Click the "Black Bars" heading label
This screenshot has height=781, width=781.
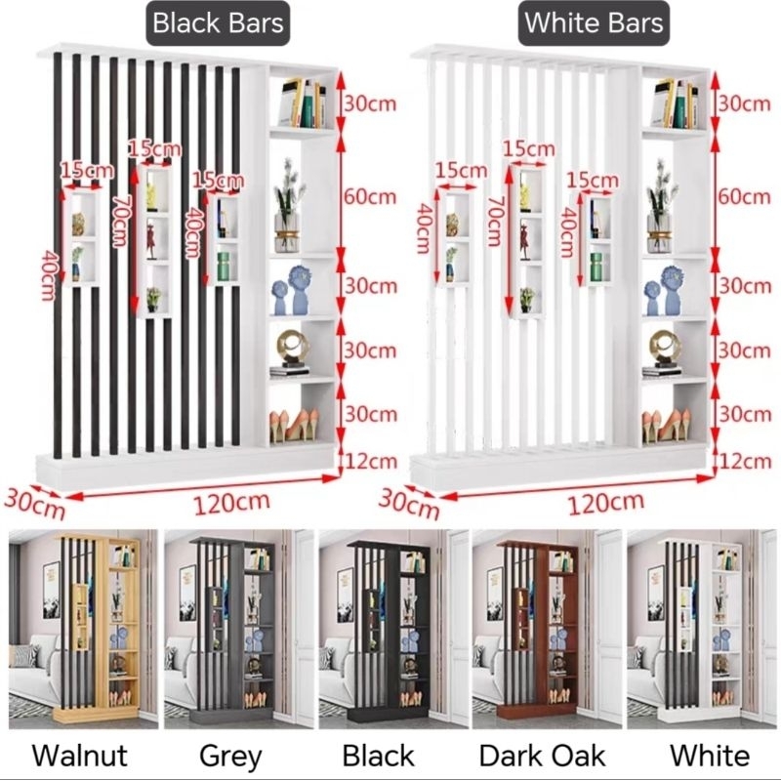coord(218,22)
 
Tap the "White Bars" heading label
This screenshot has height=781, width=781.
coord(594,22)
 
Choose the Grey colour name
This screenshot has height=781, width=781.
coord(230,755)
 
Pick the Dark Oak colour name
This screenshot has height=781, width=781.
coord(543,755)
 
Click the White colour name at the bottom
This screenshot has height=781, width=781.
coord(709,755)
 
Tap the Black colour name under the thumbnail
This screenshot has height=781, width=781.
coord(379,755)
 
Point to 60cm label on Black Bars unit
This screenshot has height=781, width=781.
coord(370,195)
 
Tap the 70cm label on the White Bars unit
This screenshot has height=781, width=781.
coord(495,219)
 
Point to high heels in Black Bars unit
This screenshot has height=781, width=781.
coord(291,425)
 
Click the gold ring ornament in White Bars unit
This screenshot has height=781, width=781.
coord(665,345)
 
